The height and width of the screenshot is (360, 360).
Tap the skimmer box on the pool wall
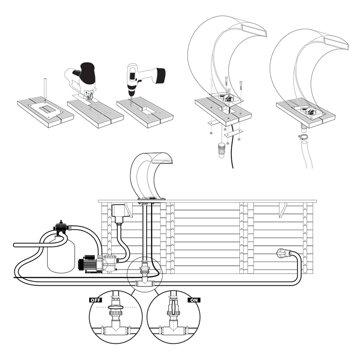pyautogui.click(x=120, y=214)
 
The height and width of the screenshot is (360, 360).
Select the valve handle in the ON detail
pyautogui.click(x=171, y=310)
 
